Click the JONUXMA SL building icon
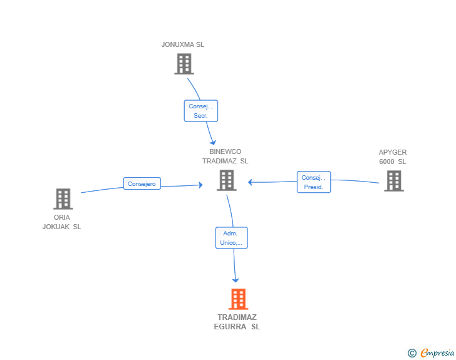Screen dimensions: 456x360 point(184,64)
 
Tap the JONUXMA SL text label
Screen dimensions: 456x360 point(183,44)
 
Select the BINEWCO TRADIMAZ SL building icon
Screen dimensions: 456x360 point(227,180)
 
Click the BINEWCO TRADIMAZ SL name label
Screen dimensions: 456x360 point(225,156)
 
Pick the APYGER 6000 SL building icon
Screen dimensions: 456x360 point(394,181)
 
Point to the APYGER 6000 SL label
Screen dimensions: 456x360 point(393,157)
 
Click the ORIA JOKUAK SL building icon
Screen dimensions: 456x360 point(63,199)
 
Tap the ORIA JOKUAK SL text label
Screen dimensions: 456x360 point(61,222)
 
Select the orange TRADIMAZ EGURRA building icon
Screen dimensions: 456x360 point(238,299)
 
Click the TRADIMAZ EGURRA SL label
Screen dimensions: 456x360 point(237,322)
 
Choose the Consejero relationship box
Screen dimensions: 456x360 point(142,183)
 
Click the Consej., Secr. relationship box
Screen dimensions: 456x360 point(201,111)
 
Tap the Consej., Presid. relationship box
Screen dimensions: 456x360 point(314,182)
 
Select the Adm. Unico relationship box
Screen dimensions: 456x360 point(232,238)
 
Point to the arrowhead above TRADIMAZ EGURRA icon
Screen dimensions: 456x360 point(236,280)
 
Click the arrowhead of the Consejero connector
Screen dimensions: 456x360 point(200,185)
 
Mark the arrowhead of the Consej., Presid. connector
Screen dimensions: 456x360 point(250,182)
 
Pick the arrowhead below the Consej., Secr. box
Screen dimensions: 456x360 point(213,142)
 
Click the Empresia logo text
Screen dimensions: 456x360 point(437,352)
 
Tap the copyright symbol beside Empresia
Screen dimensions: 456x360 point(412,353)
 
